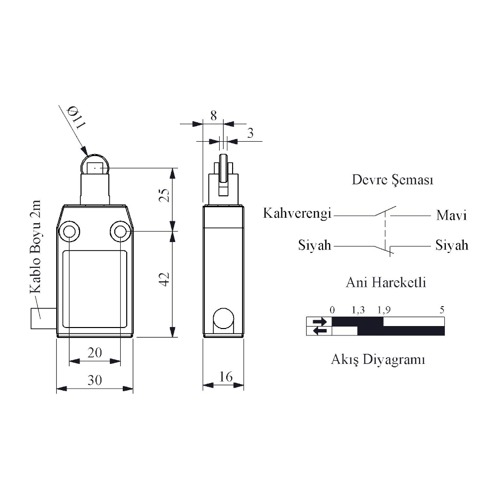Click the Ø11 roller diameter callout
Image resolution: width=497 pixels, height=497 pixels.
pyautogui.click(x=76, y=118)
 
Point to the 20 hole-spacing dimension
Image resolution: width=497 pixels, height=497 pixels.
pyautogui.click(x=95, y=352)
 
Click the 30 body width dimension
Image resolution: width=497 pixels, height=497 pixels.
pyautogui.click(x=94, y=380)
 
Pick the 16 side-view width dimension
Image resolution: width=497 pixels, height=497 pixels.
pyautogui.click(x=226, y=377)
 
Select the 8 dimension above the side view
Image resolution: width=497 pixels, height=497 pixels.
pyautogui.click(x=214, y=116)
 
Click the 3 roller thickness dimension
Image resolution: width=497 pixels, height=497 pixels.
pyautogui.click(x=250, y=133)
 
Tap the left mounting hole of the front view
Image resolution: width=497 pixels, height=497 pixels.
pyautogui.click(x=69, y=232)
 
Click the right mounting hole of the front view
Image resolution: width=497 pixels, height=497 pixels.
pyautogui.click(x=120, y=232)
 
